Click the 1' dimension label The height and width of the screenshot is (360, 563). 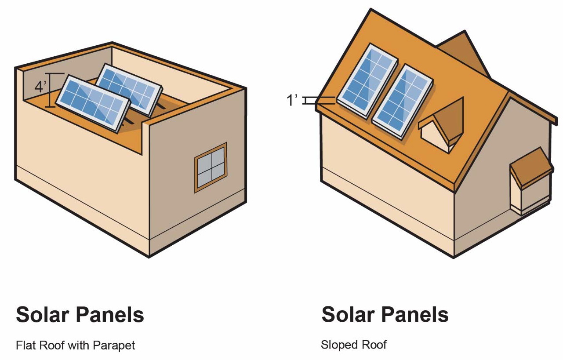pyautogui.click(x=292, y=101)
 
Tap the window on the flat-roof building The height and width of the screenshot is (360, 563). pyautogui.click(x=211, y=167)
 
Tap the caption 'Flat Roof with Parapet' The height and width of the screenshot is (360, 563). pyautogui.click(x=75, y=345)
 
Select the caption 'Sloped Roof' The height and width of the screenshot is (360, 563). pyautogui.click(x=353, y=345)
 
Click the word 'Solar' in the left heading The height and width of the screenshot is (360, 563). pyautogui.click(x=43, y=315)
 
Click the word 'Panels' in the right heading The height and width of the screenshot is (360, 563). pyautogui.click(x=414, y=315)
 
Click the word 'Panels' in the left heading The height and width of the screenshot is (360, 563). pyautogui.click(x=109, y=315)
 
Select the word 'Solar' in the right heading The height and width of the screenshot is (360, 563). pyautogui.click(x=348, y=315)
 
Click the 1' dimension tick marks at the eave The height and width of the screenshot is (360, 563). pyautogui.click(x=310, y=101)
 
